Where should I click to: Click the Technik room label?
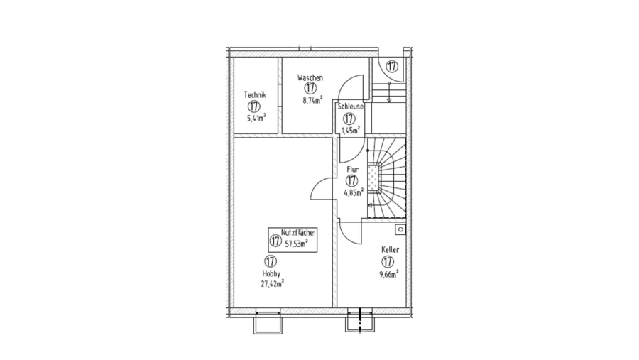coord(255,95)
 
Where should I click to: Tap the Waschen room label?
coord(310,77)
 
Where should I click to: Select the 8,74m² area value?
coord(312,100)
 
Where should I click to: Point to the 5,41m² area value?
coord(256,119)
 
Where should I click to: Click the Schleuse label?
coord(351,107)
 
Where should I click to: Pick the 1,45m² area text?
coord(351,130)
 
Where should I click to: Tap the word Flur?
coord(352,169)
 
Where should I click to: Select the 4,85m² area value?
coord(354,193)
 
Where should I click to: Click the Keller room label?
coord(390,249)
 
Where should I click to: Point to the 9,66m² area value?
coord(389,274)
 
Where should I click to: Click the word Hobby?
coord(271,273)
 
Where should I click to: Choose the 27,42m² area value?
coord(272,283)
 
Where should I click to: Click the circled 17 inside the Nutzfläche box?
coord(275,241)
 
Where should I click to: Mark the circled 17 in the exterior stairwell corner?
coord(392,67)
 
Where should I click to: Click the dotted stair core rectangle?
coord(372,178)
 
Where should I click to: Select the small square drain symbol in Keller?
coord(400,229)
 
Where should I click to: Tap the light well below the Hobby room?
coord(268,323)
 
